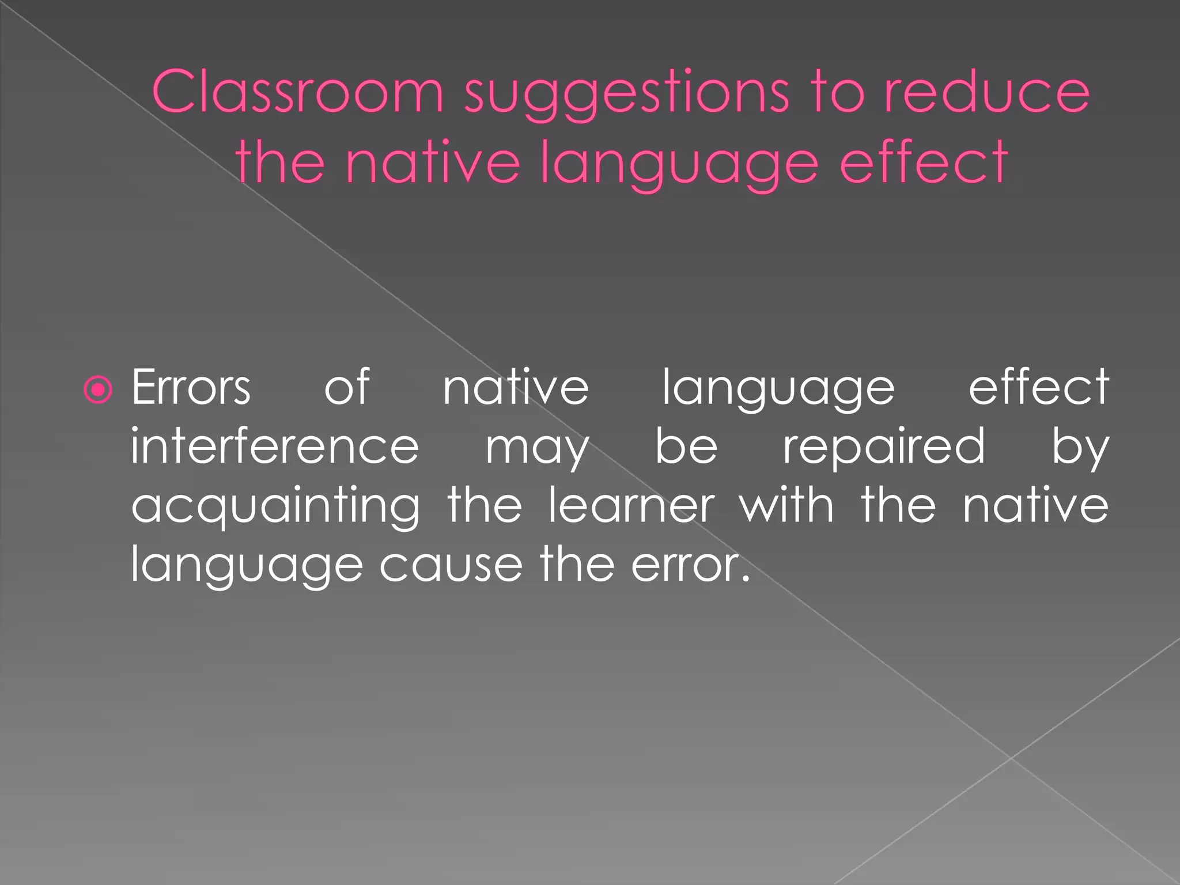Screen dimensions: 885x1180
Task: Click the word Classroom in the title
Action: pyautogui.click(x=297, y=92)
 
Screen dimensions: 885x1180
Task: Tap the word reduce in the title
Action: pyautogui.click(x=986, y=92)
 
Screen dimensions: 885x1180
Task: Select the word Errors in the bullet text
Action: pyautogui.click(x=191, y=387)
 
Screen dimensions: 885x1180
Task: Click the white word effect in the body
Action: pyautogui.click(x=1038, y=387)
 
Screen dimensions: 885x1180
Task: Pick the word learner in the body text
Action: pyautogui.click(x=631, y=505)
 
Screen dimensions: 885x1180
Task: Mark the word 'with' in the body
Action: pyautogui.click(x=787, y=505)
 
